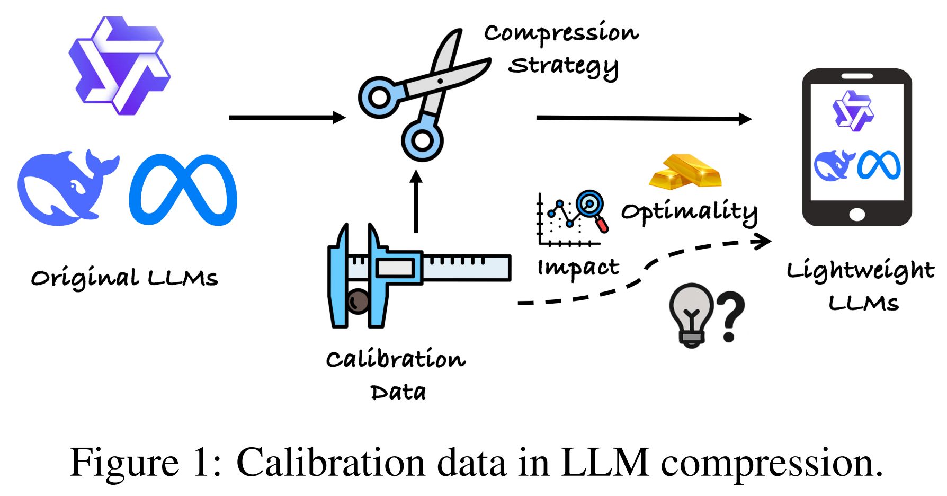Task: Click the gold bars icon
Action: pos(685,171)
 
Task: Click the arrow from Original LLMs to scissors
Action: pos(286,117)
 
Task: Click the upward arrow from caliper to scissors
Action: pos(416,201)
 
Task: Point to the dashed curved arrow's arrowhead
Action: pos(763,241)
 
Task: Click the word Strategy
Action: pos(564,67)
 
